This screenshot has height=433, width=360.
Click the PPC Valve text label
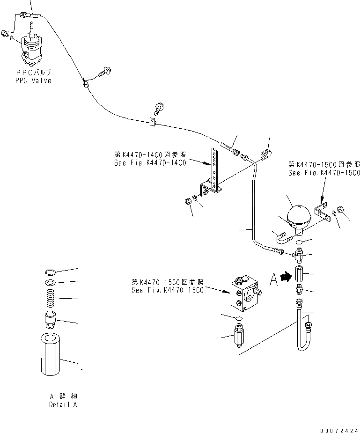(32, 77)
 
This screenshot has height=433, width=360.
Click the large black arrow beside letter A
(285, 278)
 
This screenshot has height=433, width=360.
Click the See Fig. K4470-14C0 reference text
(150, 159)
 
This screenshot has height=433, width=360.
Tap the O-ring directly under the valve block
(239, 318)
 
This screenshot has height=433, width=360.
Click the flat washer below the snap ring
(50, 282)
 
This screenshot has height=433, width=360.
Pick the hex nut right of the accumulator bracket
(342, 215)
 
